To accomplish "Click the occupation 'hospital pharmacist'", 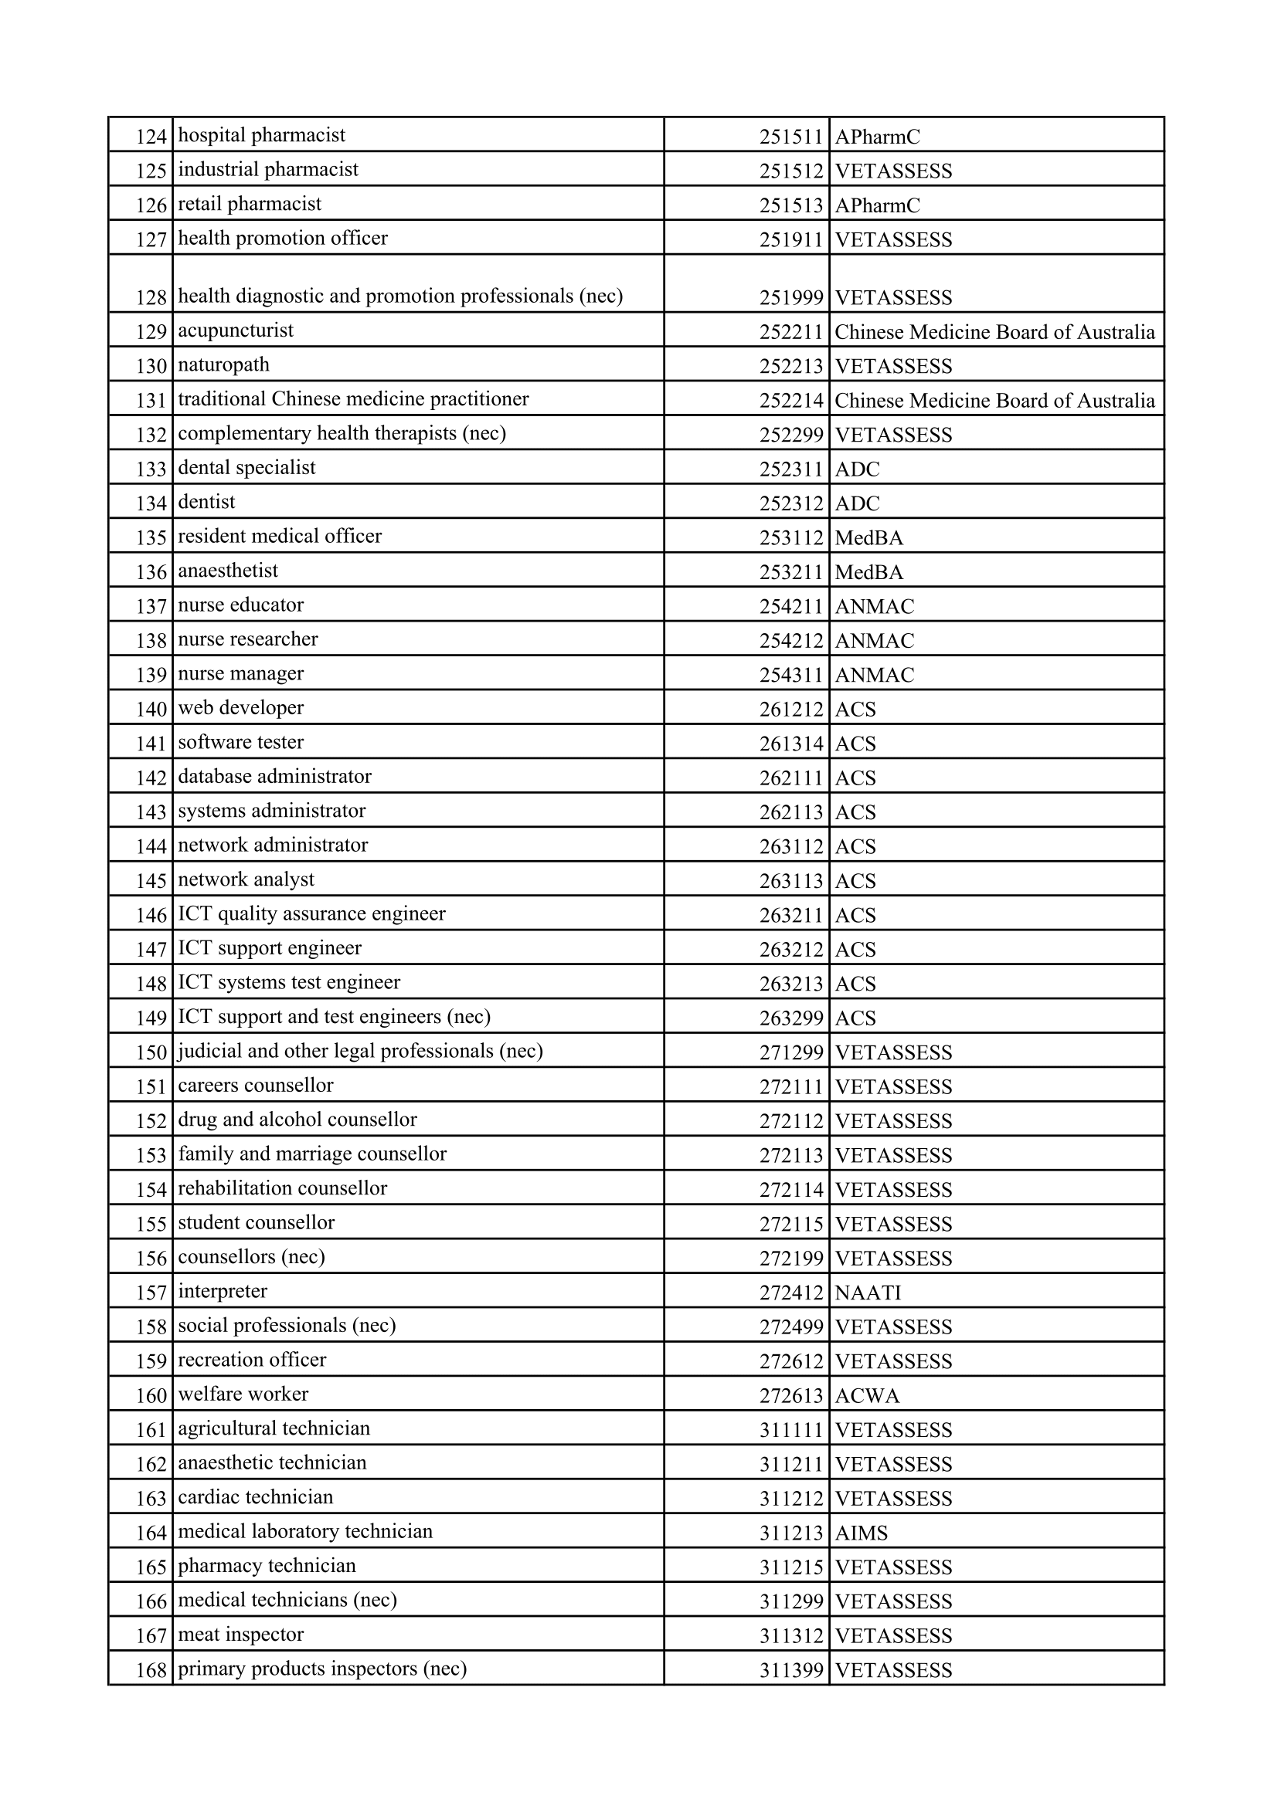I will point(261,135).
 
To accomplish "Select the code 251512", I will point(791,171).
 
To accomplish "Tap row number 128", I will point(151,297).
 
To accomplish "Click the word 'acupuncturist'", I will point(236,330).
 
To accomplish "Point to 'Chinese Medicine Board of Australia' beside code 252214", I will point(994,401).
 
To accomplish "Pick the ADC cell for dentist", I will point(857,503).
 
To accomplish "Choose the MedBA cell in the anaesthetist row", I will point(868,572).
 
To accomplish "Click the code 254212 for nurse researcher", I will point(791,641).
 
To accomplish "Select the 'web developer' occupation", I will point(241,708).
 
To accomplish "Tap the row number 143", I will point(151,812).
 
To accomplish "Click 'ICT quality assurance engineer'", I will point(311,914).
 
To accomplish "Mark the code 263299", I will point(791,1018).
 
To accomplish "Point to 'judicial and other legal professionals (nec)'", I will point(360,1052).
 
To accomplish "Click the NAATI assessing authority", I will point(868,1293).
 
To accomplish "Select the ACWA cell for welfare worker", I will point(866,1396).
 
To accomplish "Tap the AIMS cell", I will point(861,1534).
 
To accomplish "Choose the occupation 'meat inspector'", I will point(241,1635).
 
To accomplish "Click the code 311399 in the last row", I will point(791,1671).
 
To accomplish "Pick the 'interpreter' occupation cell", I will point(223,1292).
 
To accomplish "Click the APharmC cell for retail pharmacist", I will point(877,205).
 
